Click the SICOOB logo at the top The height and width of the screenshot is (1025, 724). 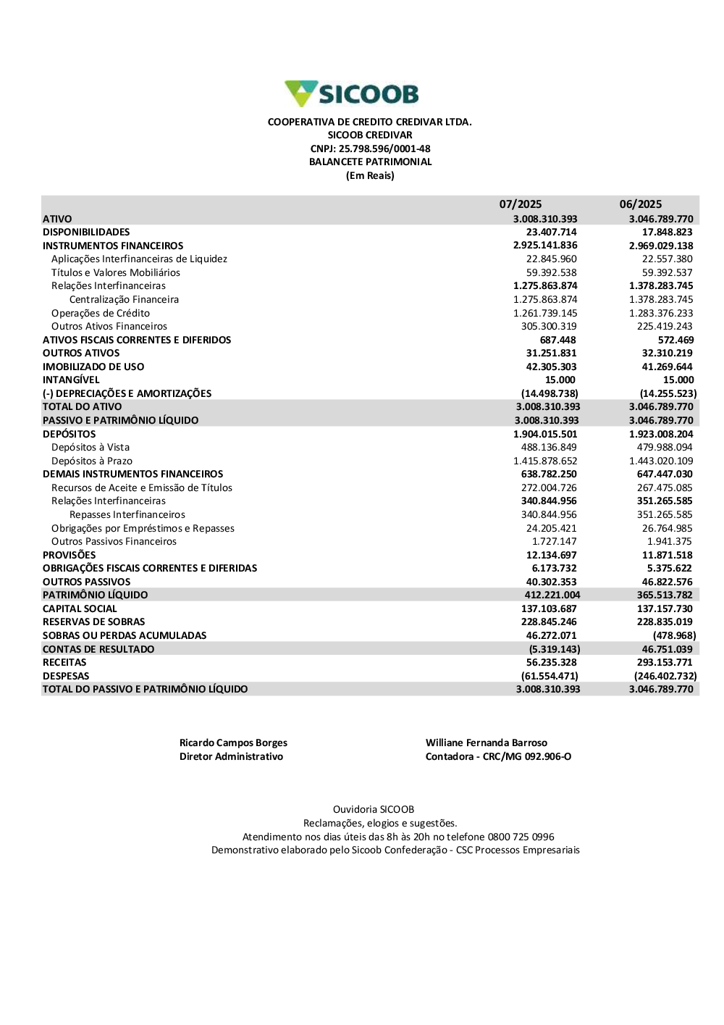(x=352, y=94)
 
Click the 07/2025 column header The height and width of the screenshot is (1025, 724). (x=520, y=204)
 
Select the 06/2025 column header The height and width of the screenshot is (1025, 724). (x=640, y=204)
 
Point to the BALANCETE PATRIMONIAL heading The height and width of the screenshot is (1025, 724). (x=370, y=162)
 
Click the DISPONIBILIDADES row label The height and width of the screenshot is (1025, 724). (x=86, y=233)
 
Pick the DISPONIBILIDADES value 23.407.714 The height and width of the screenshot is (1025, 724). (x=551, y=233)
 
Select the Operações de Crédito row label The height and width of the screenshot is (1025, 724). (x=101, y=313)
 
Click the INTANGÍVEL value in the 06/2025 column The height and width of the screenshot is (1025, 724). (x=678, y=380)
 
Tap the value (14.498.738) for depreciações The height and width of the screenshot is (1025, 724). (x=550, y=394)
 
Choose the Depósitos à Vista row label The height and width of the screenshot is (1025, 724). (x=90, y=448)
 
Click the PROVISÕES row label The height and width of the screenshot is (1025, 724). (x=69, y=556)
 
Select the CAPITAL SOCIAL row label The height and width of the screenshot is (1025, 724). (x=80, y=609)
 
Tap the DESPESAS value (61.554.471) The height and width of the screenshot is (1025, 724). (x=550, y=677)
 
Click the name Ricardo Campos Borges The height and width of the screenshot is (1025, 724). (x=233, y=743)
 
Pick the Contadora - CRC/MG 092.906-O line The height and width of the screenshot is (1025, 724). (x=498, y=757)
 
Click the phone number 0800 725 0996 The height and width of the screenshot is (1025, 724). (x=521, y=837)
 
